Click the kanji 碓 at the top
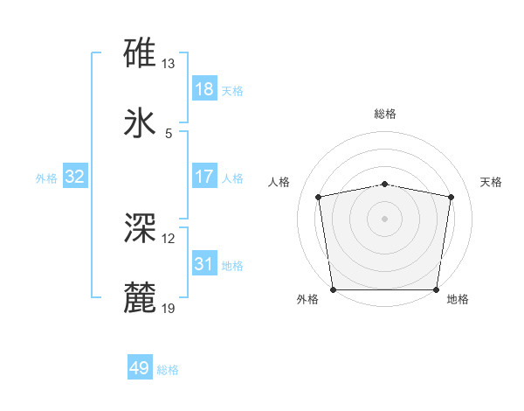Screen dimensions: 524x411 pos(141,54)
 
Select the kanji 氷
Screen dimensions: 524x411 pos(141,123)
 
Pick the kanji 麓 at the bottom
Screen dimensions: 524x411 pos(141,297)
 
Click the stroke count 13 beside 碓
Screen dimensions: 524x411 pos(169,64)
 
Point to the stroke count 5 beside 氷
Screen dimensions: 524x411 pos(169,133)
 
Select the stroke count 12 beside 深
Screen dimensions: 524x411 pos(169,238)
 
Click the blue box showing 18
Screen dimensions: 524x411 pos(203,89)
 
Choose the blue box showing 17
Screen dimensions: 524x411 pos(203,177)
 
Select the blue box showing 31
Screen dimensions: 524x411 pos(203,263)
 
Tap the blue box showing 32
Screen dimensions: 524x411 pos(75,177)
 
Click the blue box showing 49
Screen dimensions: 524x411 pos(140,368)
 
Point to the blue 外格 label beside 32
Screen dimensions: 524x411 pos(46,178)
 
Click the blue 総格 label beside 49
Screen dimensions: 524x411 pos(168,370)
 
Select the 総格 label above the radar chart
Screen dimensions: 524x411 pos(385,114)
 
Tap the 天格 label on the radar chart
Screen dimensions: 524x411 pos(491,182)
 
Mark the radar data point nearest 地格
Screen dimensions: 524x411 pos(437,289)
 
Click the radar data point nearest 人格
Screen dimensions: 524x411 pos(320,197)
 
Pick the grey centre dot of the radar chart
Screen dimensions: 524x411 pos(385,218)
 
